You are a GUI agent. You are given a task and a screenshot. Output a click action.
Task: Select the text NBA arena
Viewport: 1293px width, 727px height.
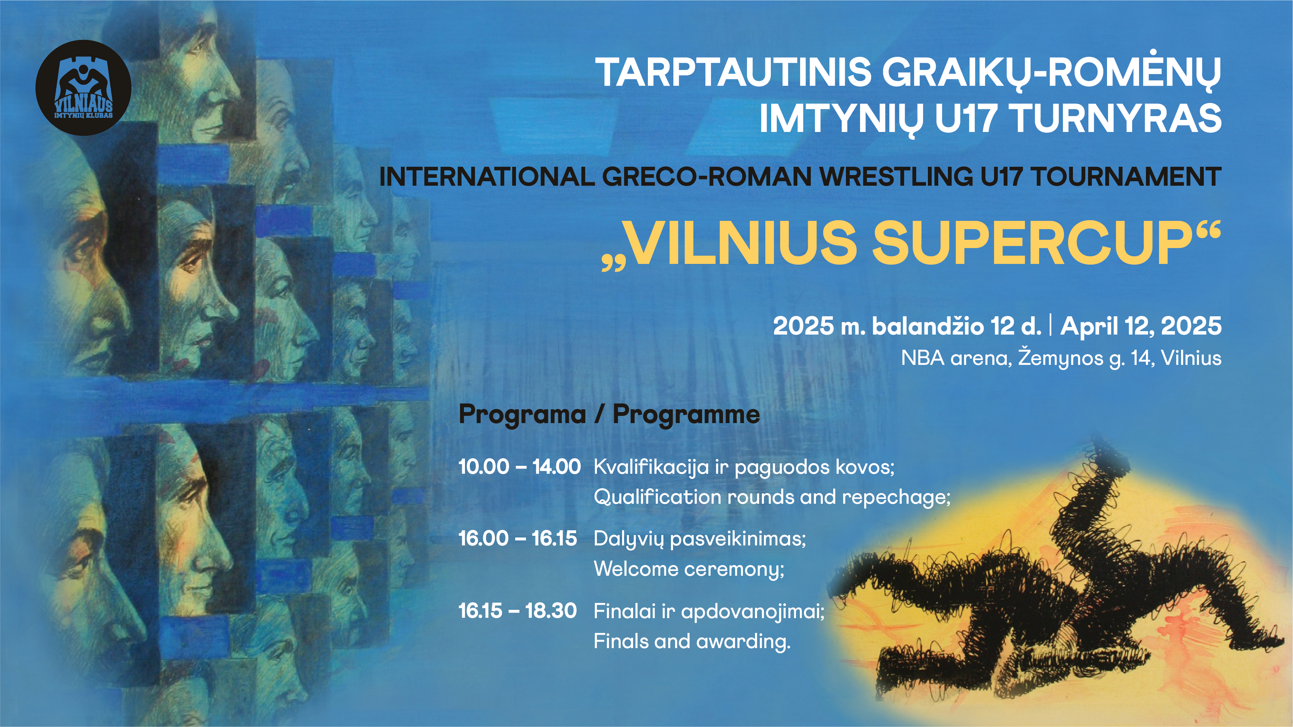(956, 358)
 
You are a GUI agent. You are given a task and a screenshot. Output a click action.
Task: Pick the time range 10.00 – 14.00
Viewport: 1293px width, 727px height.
(519, 467)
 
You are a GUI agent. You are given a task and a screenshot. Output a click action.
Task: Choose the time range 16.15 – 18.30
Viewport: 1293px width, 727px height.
(517, 611)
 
